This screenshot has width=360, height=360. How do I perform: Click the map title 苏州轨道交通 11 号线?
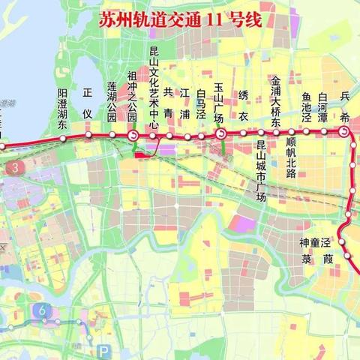pyautogui.click(x=180, y=20)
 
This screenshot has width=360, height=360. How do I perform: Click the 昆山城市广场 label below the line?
pyautogui.click(x=261, y=171)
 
